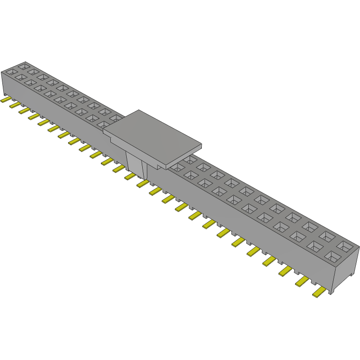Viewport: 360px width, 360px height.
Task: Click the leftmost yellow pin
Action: (x=6, y=100)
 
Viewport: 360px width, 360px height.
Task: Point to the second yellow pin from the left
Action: (x=15, y=105)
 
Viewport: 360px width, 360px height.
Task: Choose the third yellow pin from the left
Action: (x=24, y=110)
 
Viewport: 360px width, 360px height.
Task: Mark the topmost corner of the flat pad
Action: (x=139, y=110)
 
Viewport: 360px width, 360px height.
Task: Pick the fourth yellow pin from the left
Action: (x=34, y=115)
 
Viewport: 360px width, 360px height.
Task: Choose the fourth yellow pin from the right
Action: (x=270, y=260)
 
